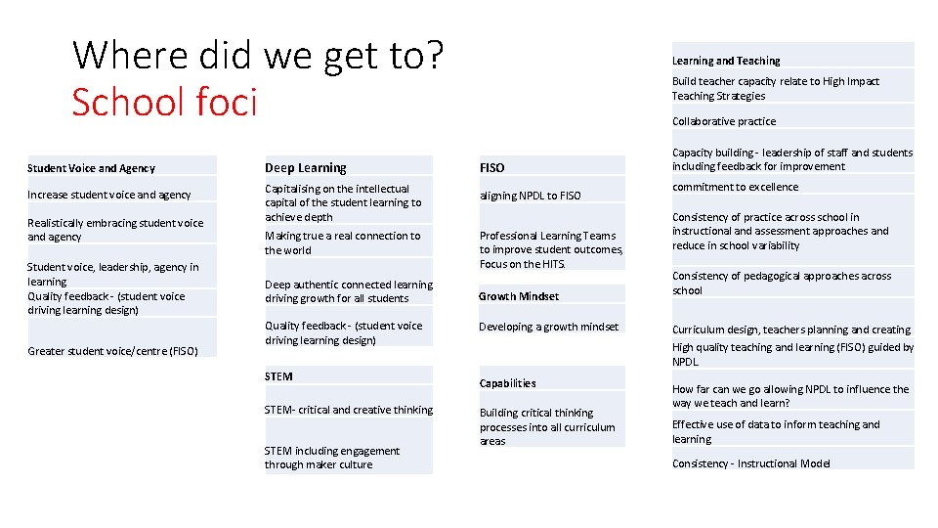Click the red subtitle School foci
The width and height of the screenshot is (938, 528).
pos(164,101)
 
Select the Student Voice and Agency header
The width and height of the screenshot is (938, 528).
pos(92,168)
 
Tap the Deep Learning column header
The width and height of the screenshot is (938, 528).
pos(306,168)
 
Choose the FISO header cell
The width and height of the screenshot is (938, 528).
pos(492,168)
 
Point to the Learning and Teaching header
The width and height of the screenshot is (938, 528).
pos(726,61)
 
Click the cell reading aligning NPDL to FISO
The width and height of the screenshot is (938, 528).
pos(531,196)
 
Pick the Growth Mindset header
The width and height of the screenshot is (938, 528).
pos(519,296)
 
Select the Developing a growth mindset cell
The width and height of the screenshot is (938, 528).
pos(548,327)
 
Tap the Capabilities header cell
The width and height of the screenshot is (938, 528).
pos(507,383)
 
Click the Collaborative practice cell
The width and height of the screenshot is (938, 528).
pos(724,121)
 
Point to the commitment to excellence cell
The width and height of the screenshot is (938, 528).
pos(735,187)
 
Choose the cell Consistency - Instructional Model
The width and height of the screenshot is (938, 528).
pos(750,463)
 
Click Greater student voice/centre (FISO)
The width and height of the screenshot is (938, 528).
pos(112,351)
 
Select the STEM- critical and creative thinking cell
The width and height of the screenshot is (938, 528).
pos(348,410)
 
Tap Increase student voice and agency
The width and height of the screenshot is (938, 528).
pos(109,195)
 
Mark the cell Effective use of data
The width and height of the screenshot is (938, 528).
pos(775,431)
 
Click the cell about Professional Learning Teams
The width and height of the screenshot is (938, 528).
pos(550,249)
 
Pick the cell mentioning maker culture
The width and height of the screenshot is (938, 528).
pos(332,458)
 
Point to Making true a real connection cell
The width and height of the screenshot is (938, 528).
pos(342,242)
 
